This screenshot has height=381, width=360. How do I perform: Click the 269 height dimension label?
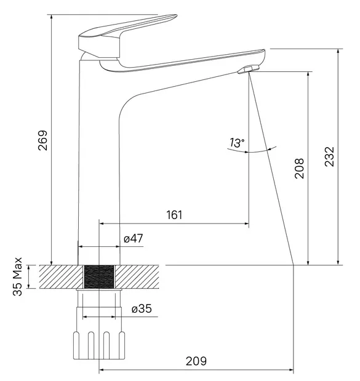click(x=42, y=140)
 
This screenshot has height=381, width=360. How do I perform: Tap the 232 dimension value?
click(x=330, y=157)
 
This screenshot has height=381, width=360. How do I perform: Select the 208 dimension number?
click(x=299, y=169)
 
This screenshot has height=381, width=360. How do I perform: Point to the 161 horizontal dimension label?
click(x=174, y=215)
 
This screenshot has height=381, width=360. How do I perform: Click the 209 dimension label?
click(x=196, y=361)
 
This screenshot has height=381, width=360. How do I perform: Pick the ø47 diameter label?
click(x=134, y=238)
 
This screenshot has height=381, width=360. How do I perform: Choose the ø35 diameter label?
click(x=142, y=308)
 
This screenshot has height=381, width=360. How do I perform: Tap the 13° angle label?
click(x=237, y=143)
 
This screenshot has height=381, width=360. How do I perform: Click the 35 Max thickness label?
click(x=17, y=276)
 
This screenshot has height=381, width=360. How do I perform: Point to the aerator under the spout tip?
click(x=249, y=69)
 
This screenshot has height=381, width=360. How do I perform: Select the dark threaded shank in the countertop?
click(x=99, y=277)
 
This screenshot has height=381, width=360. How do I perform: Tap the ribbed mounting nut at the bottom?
click(x=99, y=345)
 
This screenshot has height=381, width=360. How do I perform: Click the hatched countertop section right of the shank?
click(x=137, y=277)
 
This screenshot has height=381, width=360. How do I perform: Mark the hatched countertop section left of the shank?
click(x=61, y=277)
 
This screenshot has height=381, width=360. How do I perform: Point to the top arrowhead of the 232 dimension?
click(x=338, y=52)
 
